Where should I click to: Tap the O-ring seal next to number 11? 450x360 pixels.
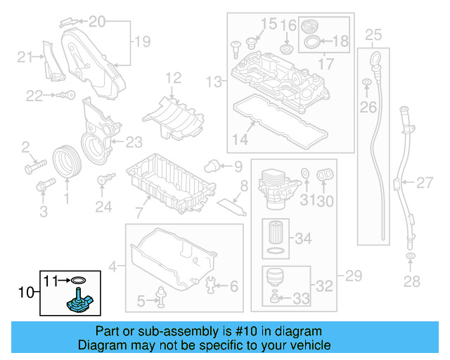point(78,280)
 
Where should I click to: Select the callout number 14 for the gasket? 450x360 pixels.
point(240,139)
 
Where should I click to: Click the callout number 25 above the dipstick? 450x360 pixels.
point(373,34)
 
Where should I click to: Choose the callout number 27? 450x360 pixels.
point(424,184)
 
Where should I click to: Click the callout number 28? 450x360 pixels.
point(411,282)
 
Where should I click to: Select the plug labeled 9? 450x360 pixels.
point(210,167)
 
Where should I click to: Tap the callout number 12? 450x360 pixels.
point(174,77)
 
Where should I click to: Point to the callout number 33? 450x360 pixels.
point(300,300)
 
